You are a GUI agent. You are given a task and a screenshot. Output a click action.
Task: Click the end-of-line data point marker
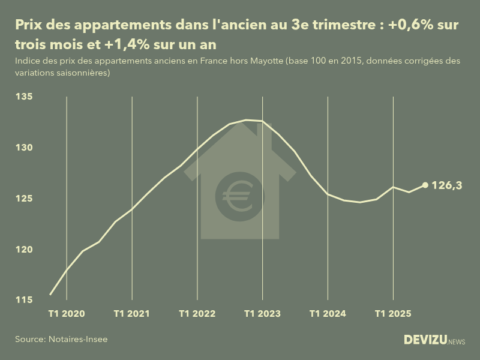click(425, 185)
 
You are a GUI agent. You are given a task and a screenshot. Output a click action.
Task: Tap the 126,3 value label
click(447, 186)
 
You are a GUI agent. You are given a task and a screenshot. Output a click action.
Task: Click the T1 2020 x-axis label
click(66, 314)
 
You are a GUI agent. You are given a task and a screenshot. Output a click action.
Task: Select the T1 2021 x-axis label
click(131, 314)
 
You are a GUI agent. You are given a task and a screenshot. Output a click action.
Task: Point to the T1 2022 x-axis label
click(197, 314)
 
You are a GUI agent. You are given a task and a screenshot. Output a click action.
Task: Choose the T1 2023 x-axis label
click(262, 314)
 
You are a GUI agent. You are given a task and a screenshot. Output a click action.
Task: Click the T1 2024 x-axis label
click(328, 314)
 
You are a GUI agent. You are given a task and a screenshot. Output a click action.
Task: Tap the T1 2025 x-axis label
click(393, 314)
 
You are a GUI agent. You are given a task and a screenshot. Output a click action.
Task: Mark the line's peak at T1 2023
click(262, 121)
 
